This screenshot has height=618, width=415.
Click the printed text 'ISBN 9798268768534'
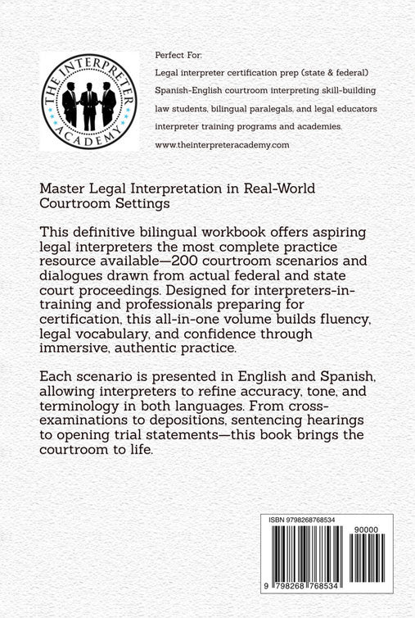pos(309,520)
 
